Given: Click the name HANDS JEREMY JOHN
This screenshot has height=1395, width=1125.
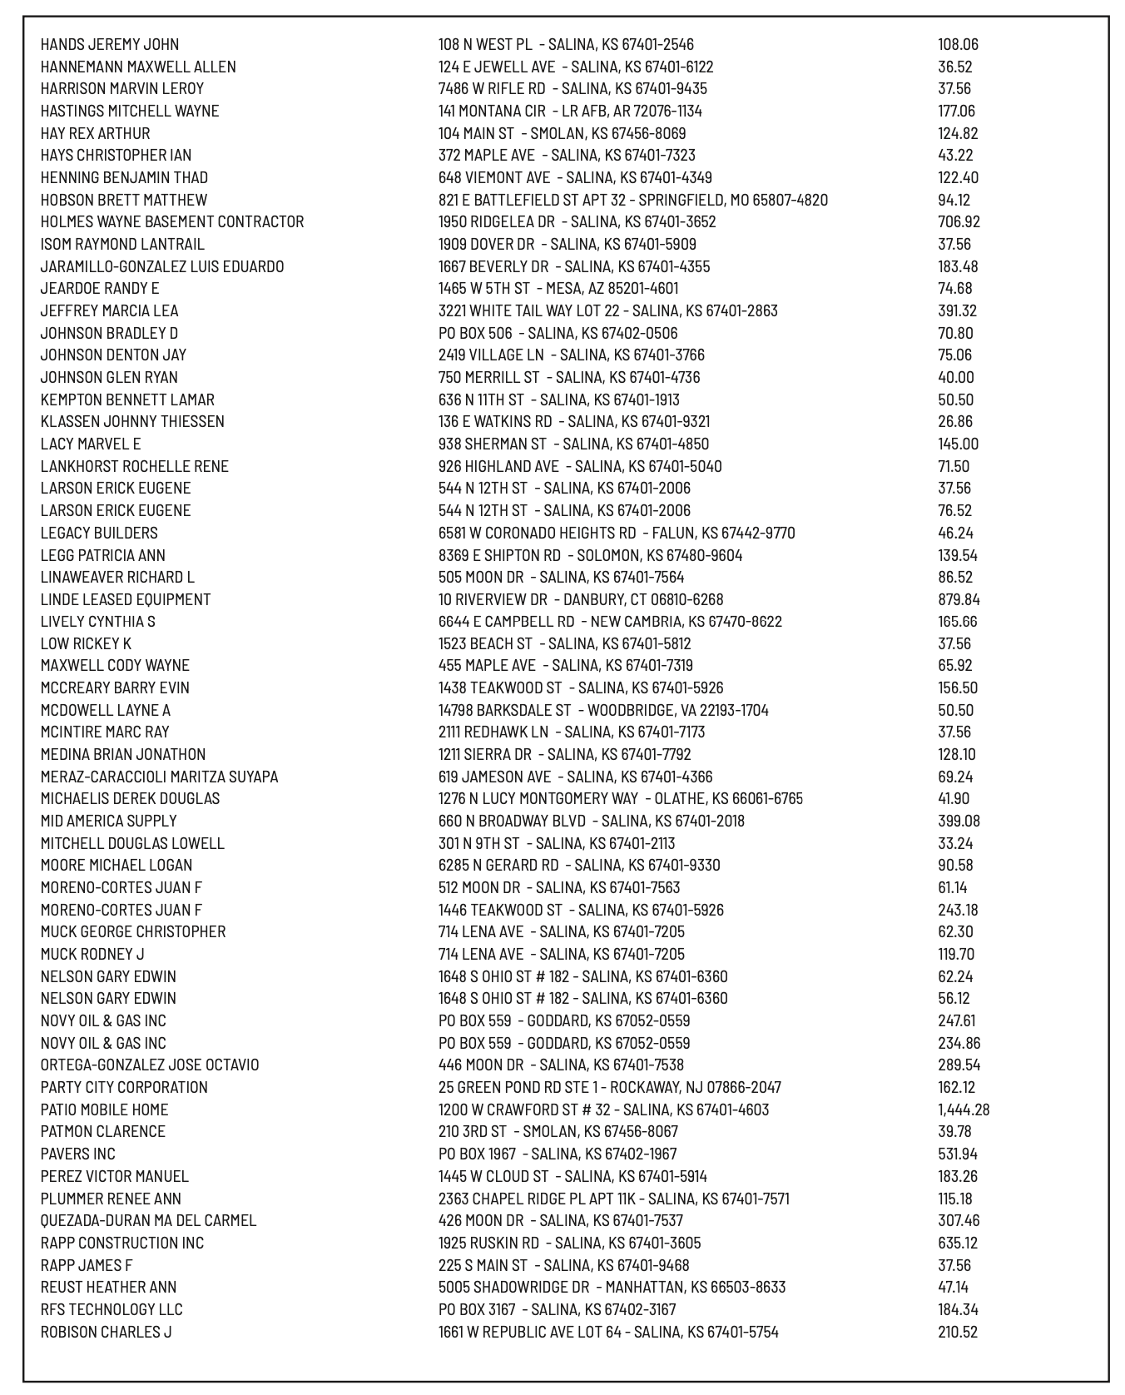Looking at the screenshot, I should pyautogui.click(x=109, y=45).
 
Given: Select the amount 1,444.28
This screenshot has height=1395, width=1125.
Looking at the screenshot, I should pyautogui.click(x=964, y=1110).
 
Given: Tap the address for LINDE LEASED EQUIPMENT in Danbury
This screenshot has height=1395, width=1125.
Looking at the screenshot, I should pyautogui.click(x=581, y=599).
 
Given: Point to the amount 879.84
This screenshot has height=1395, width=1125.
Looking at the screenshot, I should pyautogui.click(x=959, y=599).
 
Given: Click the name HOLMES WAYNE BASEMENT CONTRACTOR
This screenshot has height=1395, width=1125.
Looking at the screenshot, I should pyautogui.click(x=172, y=222).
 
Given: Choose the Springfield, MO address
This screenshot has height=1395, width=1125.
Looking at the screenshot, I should pyautogui.click(x=632, y=200).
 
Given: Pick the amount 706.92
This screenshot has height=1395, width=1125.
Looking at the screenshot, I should pyautogui.click(x=959, y=222).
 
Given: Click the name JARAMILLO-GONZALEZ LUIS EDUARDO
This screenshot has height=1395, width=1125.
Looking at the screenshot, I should pyautogui.click(x=162, y=266).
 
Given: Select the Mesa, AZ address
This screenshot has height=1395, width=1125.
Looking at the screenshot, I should pyautogui.click(x=558, y=289).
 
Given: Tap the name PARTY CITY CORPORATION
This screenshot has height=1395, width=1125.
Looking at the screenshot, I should pyautogui.click(x=124, y=1087).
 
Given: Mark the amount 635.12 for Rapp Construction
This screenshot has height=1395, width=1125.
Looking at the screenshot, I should pyautogui.click(x=958, y=1243).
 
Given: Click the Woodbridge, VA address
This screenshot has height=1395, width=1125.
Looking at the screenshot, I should pyautogui.click(x=603, y=710).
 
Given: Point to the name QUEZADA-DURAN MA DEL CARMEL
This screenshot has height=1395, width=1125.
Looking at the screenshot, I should pyautogui.click(x=148, y=1220).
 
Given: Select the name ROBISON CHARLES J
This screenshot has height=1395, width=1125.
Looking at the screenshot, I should pyautogui.click(x=106, y=1332).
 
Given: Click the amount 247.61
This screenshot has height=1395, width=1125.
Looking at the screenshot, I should pyautogui.click(x=957, y=1020).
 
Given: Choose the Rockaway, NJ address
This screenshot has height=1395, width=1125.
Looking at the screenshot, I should pyautogui.click(x=610, y=1087).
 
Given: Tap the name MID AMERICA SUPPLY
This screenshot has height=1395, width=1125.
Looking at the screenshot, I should pyautogui.click(x=108, y=821).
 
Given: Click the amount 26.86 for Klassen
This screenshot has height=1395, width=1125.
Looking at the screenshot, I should pyautogui.click(x=955, y=422).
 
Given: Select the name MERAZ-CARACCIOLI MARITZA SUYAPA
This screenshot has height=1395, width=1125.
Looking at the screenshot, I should pyautogui.click(x=159, y=777).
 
